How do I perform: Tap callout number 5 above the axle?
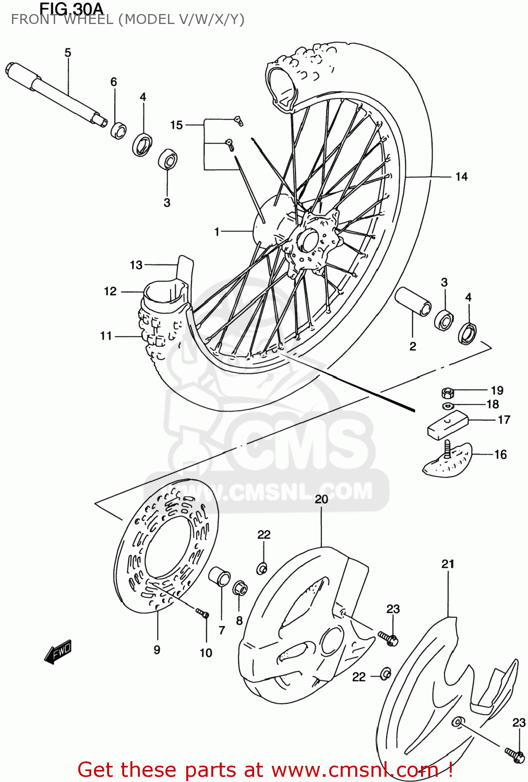68,53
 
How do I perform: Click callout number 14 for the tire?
461,177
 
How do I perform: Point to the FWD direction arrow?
58,651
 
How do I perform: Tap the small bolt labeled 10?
202,614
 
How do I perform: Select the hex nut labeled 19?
447,392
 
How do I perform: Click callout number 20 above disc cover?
321,499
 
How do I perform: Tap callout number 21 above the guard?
448,564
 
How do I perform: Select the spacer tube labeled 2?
413,301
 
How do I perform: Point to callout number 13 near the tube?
136,265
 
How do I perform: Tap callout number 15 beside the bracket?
176,125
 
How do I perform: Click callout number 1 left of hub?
217,231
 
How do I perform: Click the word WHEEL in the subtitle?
88,20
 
